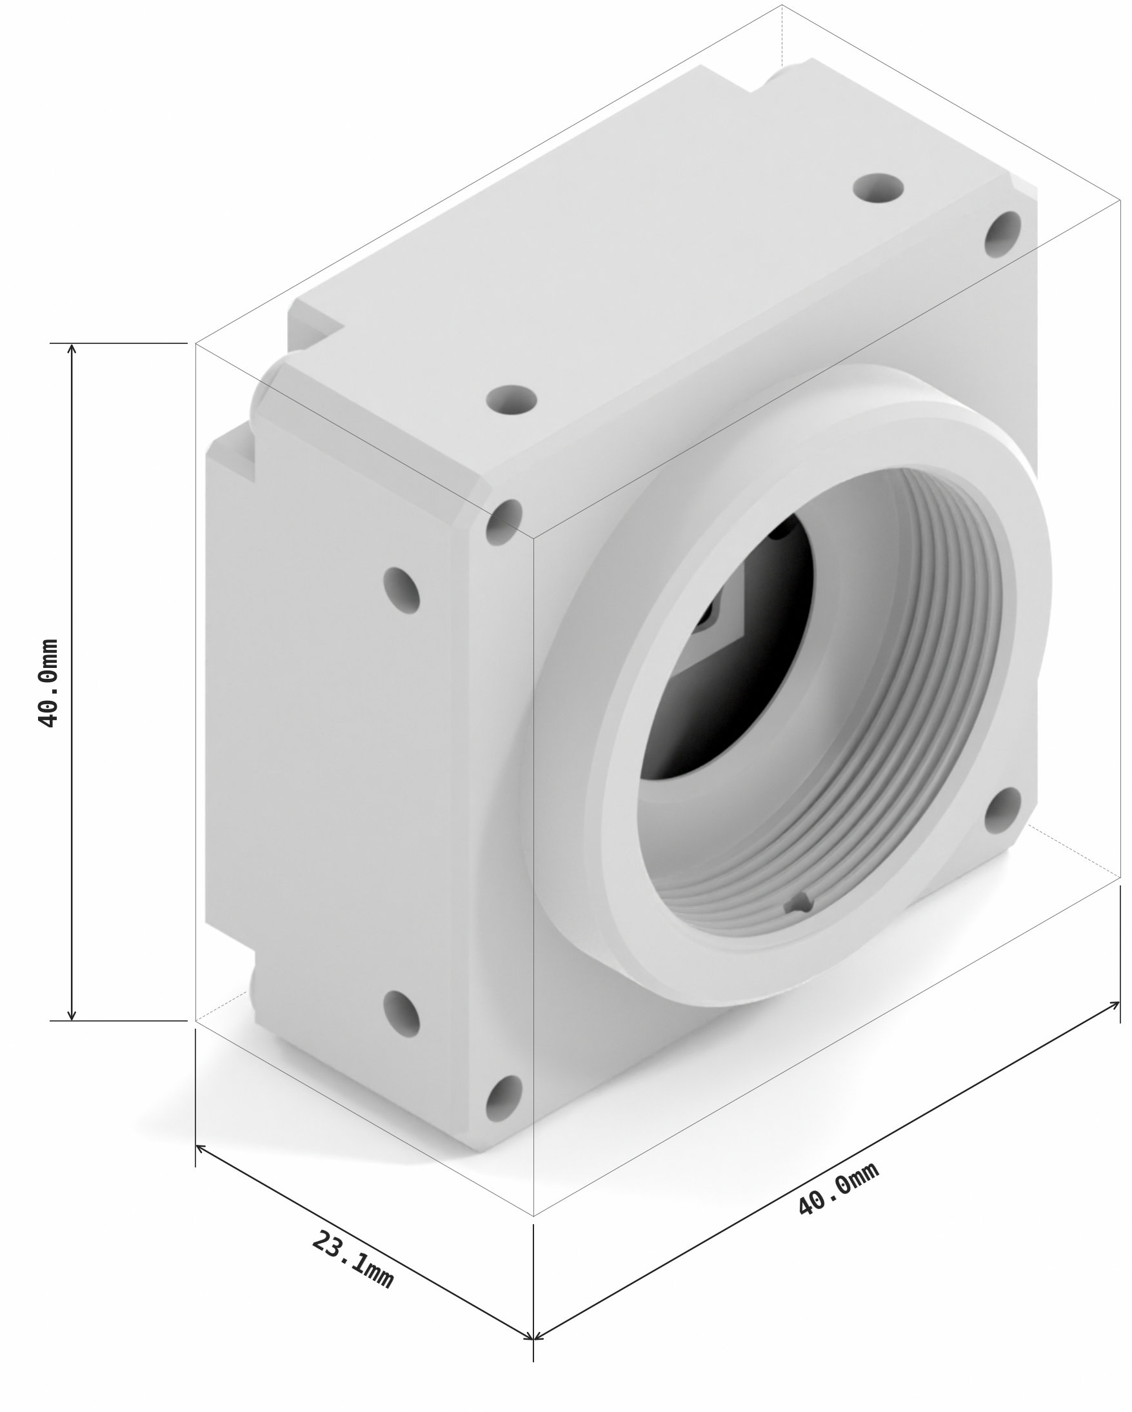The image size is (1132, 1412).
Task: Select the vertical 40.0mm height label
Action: point(48,682)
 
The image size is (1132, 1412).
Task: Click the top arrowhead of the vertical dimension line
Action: point(72,348)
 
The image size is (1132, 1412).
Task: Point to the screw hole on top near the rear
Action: point(878,188)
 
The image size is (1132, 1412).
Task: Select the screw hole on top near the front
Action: point(512,398)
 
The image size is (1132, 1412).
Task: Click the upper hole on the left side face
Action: point(401,590)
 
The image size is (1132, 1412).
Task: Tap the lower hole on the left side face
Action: point(401,1014)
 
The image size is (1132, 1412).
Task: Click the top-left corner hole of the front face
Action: point(504,522)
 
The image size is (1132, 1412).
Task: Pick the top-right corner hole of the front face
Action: point(1003,234)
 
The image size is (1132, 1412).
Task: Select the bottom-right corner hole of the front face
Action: point(1003,810)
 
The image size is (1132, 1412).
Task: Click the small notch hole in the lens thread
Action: point(799,903)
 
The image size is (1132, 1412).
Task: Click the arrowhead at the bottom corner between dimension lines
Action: point(533,1336)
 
